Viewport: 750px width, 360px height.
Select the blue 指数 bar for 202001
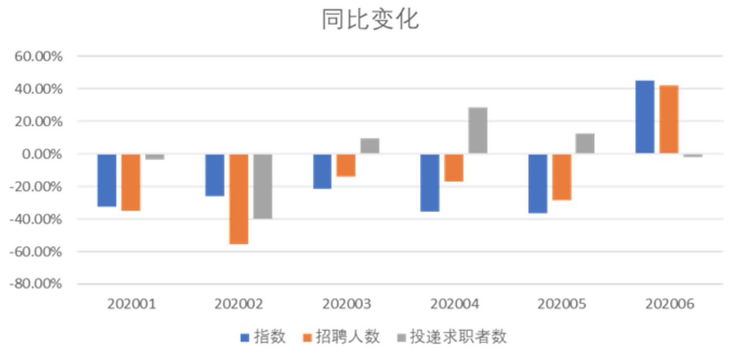point(107,180)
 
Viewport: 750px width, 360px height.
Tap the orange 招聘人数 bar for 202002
point(239,199)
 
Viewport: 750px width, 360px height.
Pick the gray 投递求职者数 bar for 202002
point(263,186)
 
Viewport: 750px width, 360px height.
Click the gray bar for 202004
point(478,130)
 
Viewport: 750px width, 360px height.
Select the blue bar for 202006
point(645,117)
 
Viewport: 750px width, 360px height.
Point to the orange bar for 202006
point(669,119)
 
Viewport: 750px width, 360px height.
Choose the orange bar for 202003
point(346,165)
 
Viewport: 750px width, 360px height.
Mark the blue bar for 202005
point(537,183)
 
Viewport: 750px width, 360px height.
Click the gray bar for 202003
point(370,146)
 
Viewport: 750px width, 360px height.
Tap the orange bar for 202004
point(454,168)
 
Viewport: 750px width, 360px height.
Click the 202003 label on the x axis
point(346,305)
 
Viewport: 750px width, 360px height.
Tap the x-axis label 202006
point(669,305)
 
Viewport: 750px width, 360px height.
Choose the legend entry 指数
point(270,337)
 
